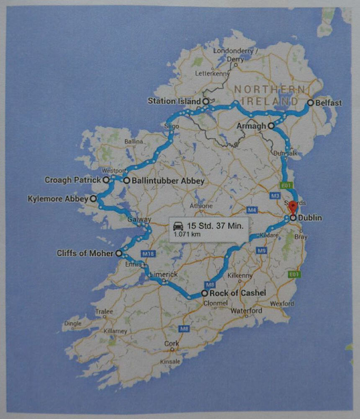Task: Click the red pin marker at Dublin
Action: (x=293, y=207)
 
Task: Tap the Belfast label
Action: (x=329, y=103)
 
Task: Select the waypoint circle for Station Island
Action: (x=206, y=101)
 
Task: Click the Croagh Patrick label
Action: (x=73, y=180)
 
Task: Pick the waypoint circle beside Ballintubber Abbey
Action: (x=126, y=181)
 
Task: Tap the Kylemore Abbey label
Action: (x=58, y=199)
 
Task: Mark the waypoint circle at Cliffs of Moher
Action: (x=119, y=253)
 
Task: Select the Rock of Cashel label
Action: (x=238, y=293)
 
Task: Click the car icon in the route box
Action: (x=178, y=225)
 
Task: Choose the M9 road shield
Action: (x=262, y=250)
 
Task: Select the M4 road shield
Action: (x=252, y=209)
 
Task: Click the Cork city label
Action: (x=172, y=344)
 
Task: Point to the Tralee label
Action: (x=104, y=312)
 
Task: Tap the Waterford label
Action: (x=247, y=310)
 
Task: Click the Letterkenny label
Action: (x=213, y=74)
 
